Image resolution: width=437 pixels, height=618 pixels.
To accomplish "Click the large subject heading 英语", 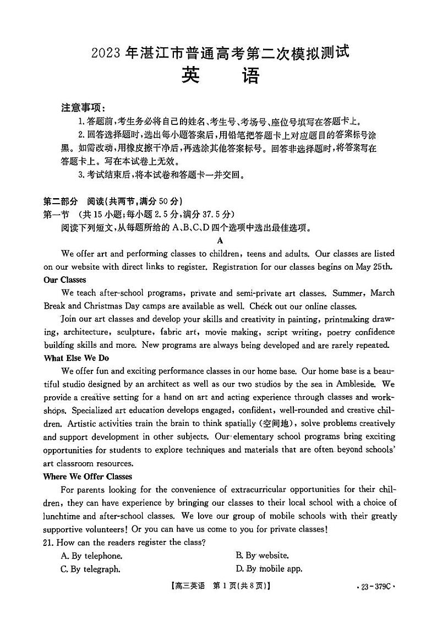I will coord(220,75).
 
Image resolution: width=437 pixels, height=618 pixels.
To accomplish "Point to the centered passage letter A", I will coord(220,240).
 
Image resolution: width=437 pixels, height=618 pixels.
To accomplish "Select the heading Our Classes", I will coord(64,280).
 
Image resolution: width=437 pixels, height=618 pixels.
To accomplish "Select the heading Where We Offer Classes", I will coord(88,476).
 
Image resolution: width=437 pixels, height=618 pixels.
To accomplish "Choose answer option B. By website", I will coord(262,556).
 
